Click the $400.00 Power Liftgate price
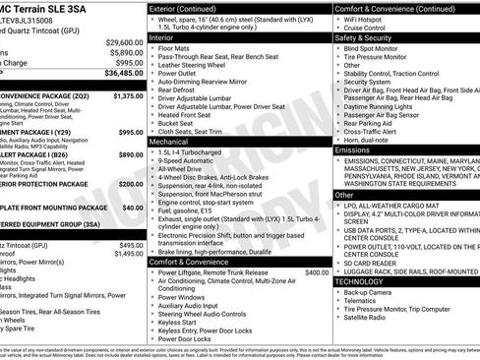[x=317, y=272]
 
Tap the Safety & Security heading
[x=370, y=38]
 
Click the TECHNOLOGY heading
[x=362, y=281]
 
